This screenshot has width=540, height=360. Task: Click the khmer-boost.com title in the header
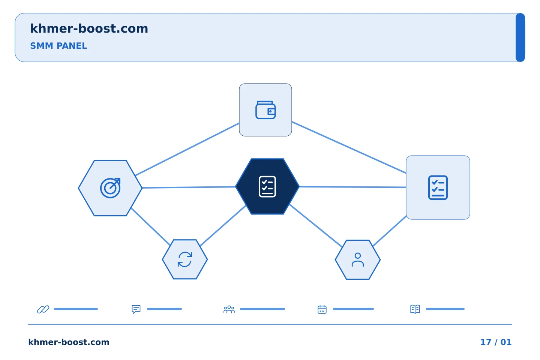89,28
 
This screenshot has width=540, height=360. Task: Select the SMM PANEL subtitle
58,46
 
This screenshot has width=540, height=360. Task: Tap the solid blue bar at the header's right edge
520,37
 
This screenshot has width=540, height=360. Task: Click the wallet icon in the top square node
265,110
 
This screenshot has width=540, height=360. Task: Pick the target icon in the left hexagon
110,188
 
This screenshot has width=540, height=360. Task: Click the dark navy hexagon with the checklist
267,186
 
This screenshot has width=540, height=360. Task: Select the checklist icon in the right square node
438,187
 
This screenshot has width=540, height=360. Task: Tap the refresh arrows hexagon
185,259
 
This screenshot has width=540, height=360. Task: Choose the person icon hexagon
358,260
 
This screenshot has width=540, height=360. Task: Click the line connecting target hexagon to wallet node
187,149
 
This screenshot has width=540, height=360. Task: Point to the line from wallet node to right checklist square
349,147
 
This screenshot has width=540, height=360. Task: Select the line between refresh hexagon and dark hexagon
223,225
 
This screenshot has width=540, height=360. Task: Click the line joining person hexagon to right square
390,231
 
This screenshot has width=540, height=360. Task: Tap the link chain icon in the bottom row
43,309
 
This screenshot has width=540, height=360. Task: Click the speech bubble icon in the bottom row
136,309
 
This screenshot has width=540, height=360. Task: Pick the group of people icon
229,309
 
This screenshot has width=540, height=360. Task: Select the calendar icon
322,309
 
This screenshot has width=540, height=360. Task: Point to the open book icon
415,309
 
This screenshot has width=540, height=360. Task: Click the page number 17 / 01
496,342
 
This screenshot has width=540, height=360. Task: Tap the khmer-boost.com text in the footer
69,342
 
